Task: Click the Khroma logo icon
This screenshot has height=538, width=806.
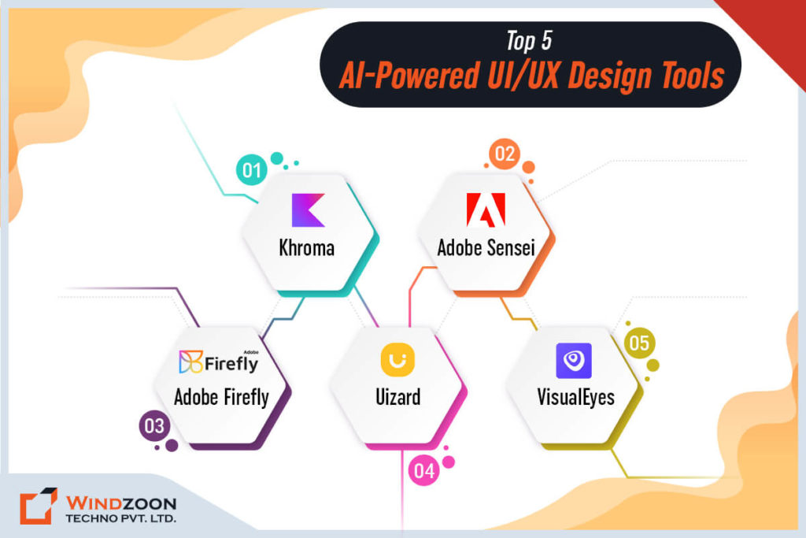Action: [308, 211]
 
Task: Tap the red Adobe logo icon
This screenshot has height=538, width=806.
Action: [486, 210]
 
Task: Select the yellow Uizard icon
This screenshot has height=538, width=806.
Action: [397, 360]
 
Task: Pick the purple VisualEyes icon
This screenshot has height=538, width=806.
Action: [574, 360]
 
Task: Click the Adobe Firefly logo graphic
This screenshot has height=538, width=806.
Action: [219, 362]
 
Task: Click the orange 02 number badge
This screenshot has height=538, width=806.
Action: [504, 154]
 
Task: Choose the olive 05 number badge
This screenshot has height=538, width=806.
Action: [638, 344]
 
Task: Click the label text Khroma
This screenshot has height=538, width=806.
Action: [307, 248]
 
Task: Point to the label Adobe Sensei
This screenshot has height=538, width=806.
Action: [486, 248]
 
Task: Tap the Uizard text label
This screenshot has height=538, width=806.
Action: [397, 396]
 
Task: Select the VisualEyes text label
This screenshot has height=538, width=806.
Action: [575, 396]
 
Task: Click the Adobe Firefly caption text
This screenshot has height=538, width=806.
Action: [221, 396]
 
